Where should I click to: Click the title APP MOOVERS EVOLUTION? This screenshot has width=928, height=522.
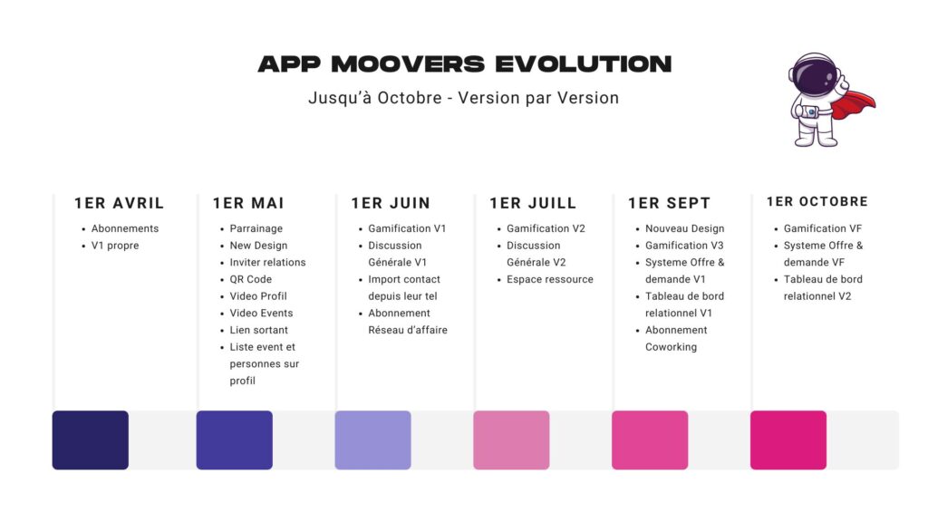464,64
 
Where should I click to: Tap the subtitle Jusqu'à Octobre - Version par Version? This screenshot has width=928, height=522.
463,98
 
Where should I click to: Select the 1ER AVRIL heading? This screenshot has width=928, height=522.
119,203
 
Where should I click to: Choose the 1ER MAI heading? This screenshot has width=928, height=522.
248,203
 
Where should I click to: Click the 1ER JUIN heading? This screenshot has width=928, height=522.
391,203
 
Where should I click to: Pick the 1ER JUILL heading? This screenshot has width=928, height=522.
533,203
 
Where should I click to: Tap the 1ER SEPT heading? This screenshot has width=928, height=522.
669,203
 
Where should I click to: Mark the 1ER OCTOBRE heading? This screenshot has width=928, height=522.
817,202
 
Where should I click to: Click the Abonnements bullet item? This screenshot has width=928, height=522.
125,228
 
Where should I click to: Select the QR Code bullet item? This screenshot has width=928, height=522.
250,279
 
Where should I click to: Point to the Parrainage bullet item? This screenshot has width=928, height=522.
256,228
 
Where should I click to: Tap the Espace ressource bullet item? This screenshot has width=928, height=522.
550,279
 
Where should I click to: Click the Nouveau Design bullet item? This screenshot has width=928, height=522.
684,228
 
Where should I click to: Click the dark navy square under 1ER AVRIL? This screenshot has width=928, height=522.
90,440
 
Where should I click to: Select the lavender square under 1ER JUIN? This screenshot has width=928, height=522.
372,440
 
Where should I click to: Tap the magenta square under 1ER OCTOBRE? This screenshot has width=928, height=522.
788,440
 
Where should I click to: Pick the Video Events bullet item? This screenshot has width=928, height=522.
261,313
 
